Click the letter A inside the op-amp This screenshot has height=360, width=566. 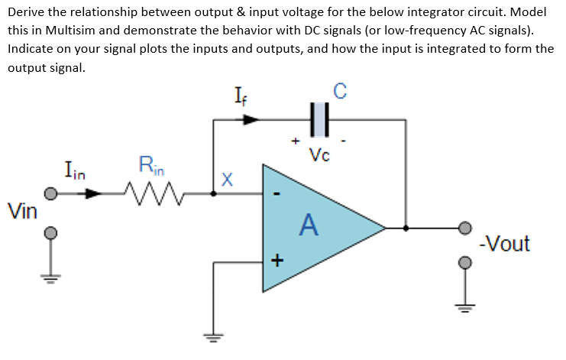pos(308,225)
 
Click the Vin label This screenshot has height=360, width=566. pos(21,210)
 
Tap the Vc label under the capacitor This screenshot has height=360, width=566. pos(321,156)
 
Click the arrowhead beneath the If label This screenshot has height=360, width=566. pos(251,119)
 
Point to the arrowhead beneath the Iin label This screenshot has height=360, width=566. pos(92,194)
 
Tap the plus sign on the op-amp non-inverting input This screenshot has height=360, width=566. pos(277,261)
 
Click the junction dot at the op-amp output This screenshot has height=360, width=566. pos(406,228)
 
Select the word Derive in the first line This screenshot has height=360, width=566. pos(26,12)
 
